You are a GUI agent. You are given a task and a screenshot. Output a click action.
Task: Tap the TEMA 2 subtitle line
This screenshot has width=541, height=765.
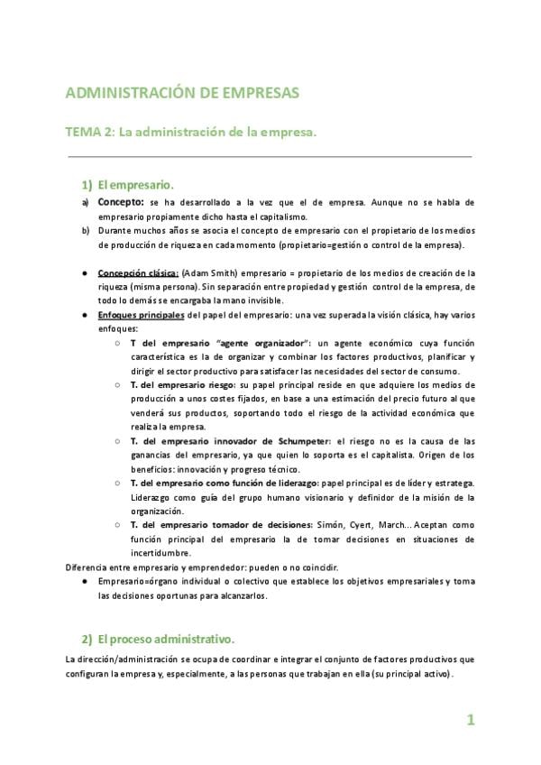click(191, 132)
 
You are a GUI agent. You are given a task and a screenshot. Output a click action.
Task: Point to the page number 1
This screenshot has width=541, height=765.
click(470, 719)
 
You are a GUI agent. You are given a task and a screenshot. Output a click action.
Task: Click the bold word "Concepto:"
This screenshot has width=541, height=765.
click(121, 202)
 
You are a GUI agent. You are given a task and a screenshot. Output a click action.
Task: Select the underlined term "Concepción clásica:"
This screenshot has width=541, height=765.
click(138, 272)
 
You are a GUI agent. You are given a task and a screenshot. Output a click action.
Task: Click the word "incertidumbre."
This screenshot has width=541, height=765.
click(160, 552)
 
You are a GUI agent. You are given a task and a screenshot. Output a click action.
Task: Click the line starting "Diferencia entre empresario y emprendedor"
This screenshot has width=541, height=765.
click(202, 567)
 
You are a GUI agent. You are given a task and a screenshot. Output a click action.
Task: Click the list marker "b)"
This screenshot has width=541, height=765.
click(86, 231)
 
